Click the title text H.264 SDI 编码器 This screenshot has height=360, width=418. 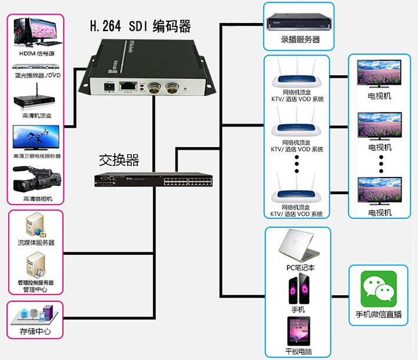click(x=140, y=26)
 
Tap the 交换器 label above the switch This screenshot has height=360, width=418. click(x=118, y=160)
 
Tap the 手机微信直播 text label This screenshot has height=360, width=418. click(x=379, y=315)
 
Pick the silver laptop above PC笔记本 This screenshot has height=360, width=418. click(x=300, y=246)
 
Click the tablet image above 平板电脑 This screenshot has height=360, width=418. click(x=300, y=331)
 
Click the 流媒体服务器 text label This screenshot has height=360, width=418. click(x=36, y=242)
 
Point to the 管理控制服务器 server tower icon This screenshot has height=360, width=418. click(x=35, y=265)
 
